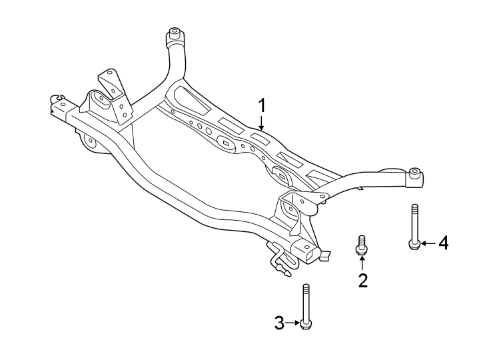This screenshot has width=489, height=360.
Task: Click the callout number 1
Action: pos(262,105)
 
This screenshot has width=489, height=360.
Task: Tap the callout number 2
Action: pos(363,280)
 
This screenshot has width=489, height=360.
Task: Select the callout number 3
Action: pos(280,324)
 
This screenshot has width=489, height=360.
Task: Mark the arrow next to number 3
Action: pos(293,324)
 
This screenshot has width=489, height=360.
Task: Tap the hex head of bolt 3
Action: pos(306,324)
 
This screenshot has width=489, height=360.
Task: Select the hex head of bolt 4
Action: pos(414,244)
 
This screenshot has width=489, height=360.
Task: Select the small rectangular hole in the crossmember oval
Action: pos(225,143)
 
